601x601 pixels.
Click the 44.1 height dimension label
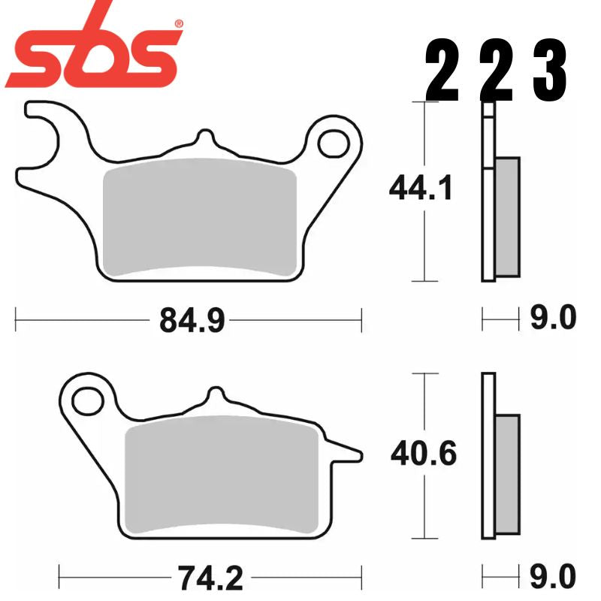click(x=421, y=189)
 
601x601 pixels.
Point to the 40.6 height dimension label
click(x=423, y=455)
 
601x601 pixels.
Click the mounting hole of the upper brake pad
click(x=331, y=141)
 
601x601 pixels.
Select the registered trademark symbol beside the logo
click(x=178, y=24)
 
